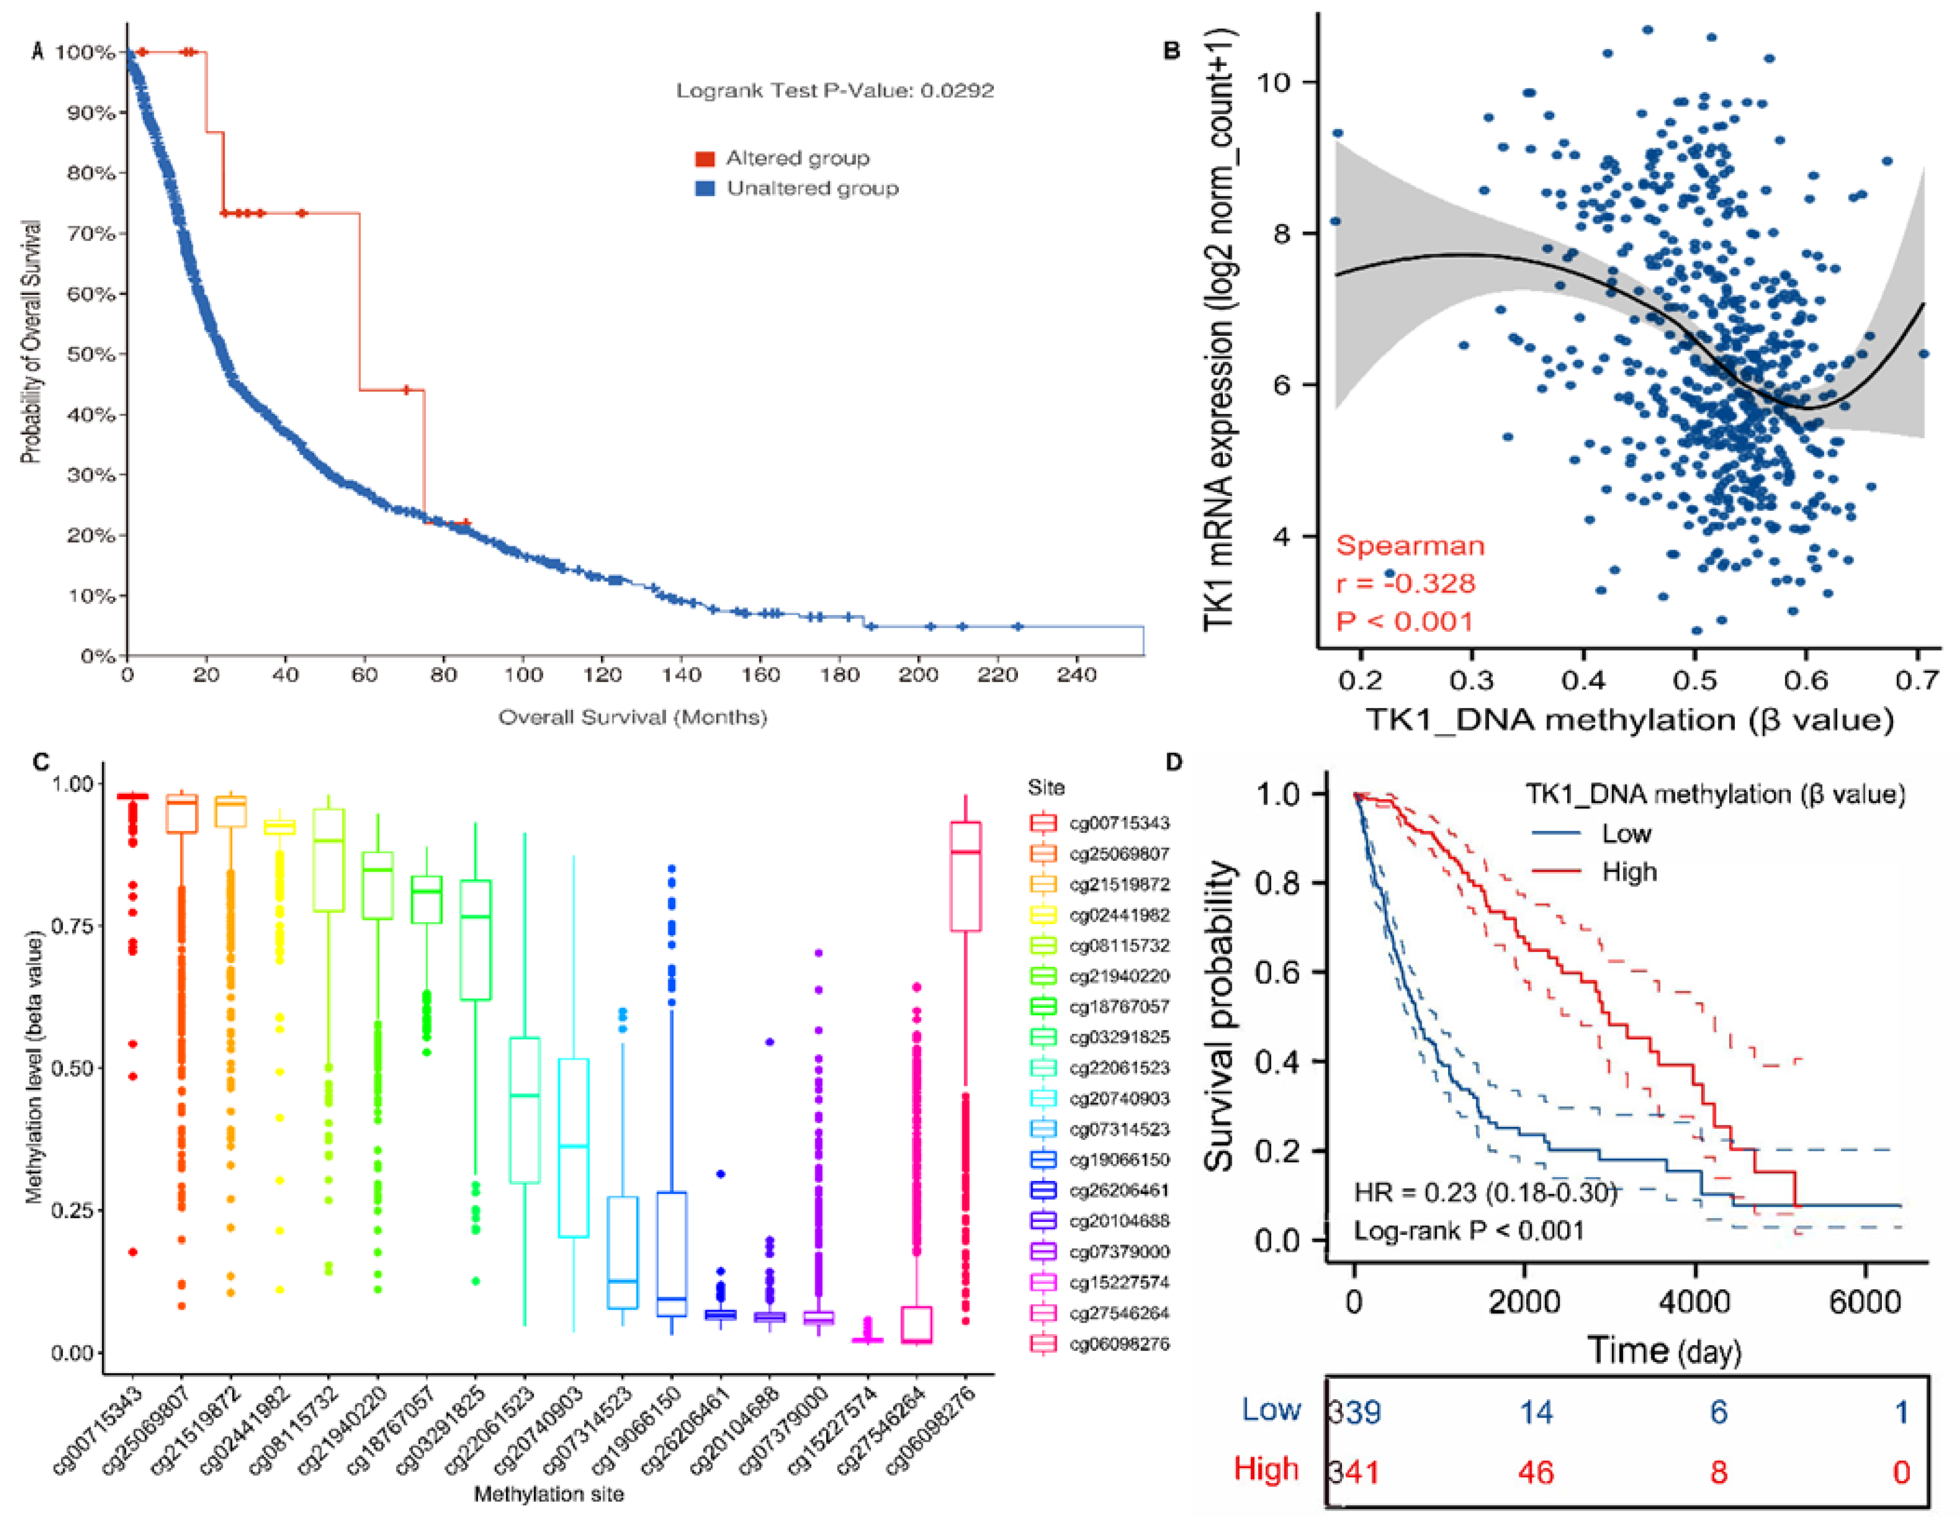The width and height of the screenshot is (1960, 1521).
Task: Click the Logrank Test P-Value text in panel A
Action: point(835,91)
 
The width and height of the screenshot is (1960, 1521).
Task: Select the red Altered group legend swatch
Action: point(704,159)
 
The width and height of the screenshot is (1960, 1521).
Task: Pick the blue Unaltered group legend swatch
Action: point(704,189)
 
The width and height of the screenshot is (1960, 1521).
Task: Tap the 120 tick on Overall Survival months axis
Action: point(602,675)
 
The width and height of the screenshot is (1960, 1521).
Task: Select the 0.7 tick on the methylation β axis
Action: point(1917,680)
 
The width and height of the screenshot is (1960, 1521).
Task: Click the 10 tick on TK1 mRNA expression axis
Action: point(1275,82)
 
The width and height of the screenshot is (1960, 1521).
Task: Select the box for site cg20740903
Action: point(573,1147)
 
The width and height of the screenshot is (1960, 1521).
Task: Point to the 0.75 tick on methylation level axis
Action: point(72,926)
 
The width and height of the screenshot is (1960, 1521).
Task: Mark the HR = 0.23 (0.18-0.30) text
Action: point(1485,1193)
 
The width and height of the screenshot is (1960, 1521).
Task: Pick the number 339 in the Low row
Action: point(1355,1412)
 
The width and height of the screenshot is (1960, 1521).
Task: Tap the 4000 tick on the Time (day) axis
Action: point(1694,1301)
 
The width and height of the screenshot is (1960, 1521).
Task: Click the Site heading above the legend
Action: point(1047,788)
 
